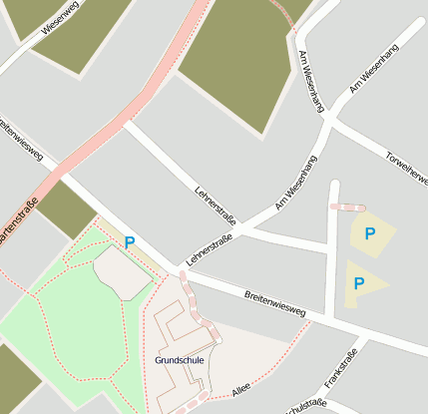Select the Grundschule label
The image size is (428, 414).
[180, 359]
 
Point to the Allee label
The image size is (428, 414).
[240, 388]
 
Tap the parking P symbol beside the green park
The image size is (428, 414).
[130, 241]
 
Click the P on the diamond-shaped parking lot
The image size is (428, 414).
[370, 233]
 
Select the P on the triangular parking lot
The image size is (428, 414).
[359, 283]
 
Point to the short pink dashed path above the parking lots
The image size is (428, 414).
[347, 207]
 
